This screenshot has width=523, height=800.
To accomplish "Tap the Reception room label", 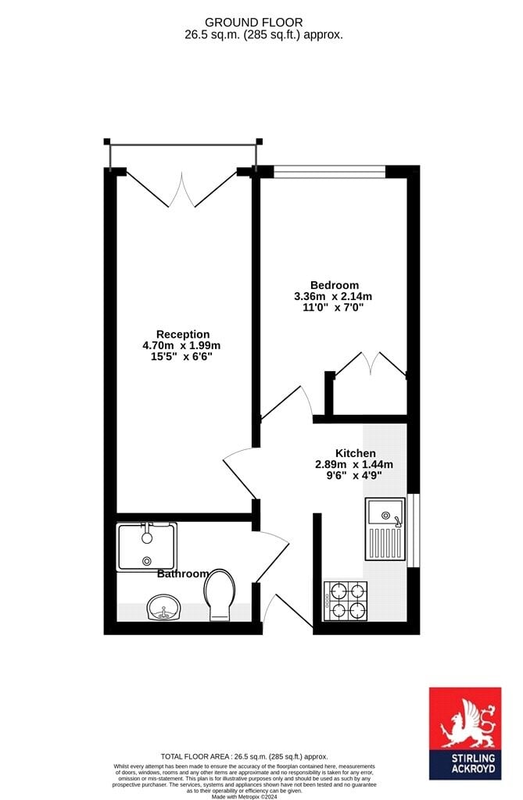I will point(183,334).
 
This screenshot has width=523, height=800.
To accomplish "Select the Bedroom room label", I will point(334,285).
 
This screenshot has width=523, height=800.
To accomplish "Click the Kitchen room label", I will point(356,453).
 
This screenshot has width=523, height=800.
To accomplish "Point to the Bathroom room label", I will point(183,573).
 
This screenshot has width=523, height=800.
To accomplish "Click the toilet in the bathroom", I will point(219,592).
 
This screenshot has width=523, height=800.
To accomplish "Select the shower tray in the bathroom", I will point(147,547).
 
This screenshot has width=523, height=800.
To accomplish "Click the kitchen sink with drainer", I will point(385,528).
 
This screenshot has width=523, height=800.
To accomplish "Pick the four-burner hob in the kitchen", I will point(345,600).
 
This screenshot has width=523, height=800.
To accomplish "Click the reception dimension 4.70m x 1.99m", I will point(181,345).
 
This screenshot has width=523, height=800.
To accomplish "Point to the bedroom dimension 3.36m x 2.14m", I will point(333,296).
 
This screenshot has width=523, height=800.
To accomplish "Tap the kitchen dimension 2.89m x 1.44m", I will point(354,464).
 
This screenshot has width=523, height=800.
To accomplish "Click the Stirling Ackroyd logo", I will point(464,733).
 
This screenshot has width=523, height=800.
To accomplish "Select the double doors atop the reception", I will point(182,187).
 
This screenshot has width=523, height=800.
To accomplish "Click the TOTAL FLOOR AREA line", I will point(244,756).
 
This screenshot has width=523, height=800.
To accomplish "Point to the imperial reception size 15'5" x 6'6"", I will point(181,356).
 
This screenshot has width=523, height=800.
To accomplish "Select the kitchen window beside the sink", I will point(414,530).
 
